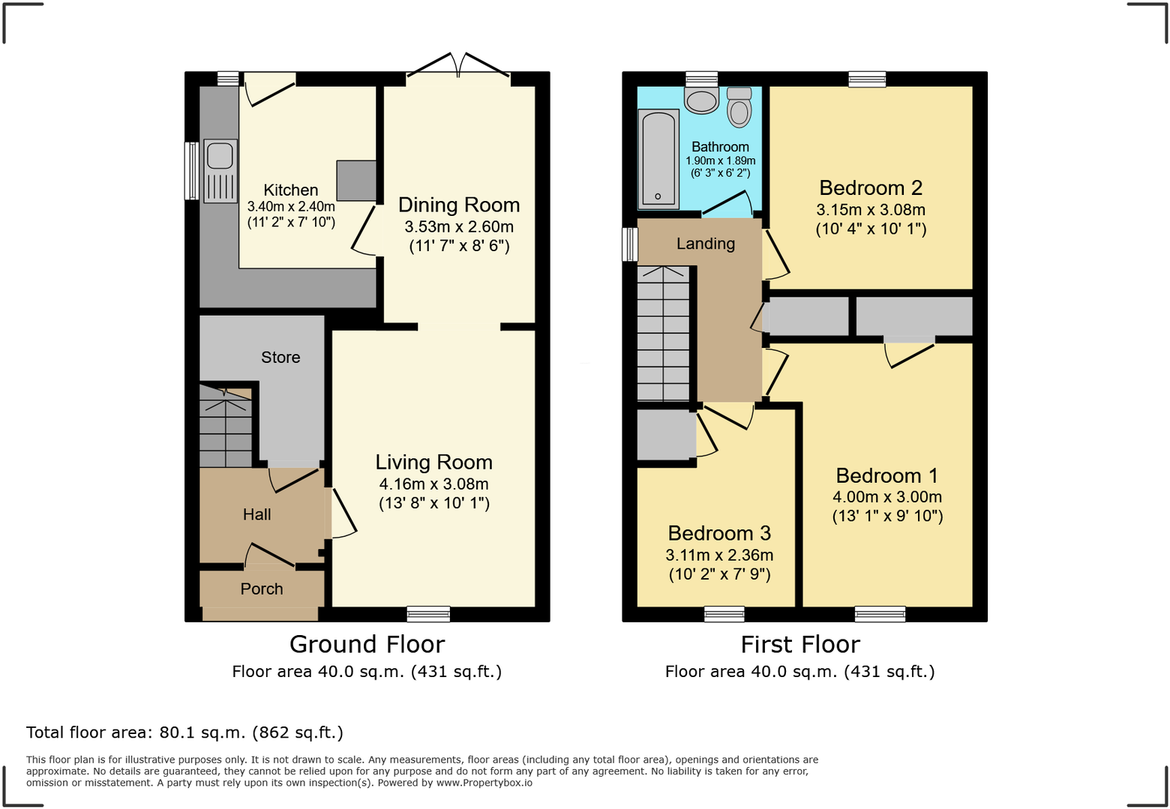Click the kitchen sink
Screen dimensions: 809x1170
(220, 170)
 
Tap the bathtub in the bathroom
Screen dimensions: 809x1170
(658, 159)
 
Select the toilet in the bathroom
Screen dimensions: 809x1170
(739, 107)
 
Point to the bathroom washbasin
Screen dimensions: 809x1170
(702, 100)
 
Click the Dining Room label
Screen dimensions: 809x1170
(458, 205)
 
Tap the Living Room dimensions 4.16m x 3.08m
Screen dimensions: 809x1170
(433, 484)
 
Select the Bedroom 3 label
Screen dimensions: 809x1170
(719, 533)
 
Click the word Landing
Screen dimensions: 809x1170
(705, 244)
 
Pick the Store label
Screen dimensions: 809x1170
(280, 358)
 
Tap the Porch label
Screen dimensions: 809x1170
(262, 589)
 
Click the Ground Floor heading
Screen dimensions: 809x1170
(367, 644)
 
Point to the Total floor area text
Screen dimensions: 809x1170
(184, 733)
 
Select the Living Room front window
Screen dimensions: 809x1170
(428, 615)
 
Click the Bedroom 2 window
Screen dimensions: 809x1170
(867, 79)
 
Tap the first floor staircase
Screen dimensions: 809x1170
(663, 334)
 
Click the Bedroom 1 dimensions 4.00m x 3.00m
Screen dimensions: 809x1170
(886, 497)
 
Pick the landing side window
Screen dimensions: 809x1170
(630, 244)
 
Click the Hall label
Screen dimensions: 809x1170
(256, 514)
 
